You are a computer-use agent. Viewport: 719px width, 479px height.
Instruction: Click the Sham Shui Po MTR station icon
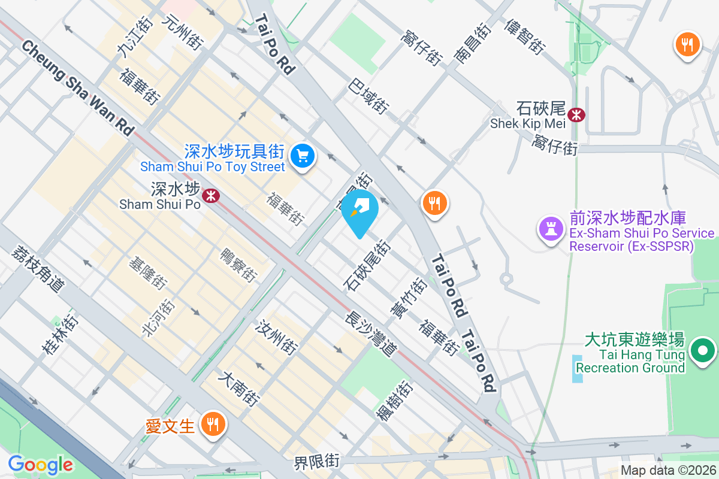tap(210, 195)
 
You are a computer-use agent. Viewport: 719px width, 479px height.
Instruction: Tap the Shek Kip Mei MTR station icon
tap(576, 114)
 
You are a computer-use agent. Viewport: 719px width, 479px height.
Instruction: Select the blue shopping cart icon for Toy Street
tap(303, 156)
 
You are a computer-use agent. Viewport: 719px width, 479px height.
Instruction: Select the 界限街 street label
tap(316, 462)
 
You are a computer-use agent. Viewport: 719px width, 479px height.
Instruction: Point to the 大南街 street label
tap(238, 389)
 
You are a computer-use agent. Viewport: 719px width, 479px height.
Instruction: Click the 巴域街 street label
tap(367, 96)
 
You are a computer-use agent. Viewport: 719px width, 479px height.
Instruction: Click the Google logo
tap(40, 464)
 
